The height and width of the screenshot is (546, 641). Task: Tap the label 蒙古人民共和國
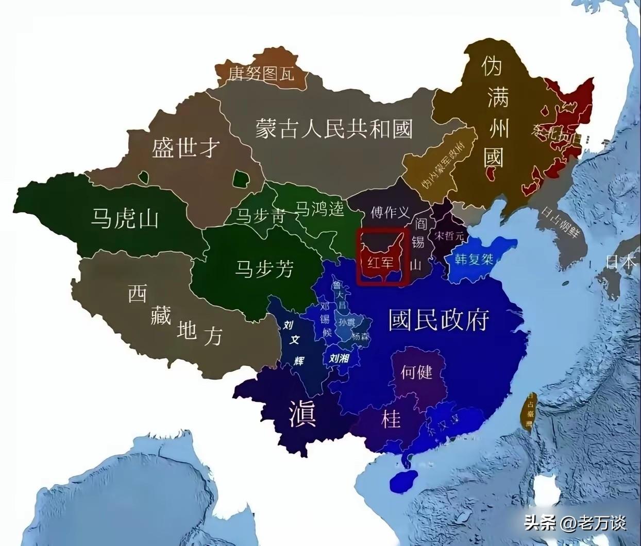click(x=334, y=128)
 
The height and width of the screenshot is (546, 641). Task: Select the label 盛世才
click(x=185, y=148)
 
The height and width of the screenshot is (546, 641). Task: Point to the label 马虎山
click(x=125, y=218)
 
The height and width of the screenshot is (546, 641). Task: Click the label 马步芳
click(x=264, y=268)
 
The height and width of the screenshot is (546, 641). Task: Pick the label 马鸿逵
click(x=319, y=209)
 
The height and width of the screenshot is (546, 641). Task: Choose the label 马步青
click(x=260, y=215)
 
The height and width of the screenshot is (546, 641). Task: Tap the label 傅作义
click(x=390, y=212)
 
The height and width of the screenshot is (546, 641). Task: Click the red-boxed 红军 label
click(x=380, y=262)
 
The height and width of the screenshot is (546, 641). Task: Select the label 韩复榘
click(x=474, y=258)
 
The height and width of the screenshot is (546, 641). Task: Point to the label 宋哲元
click(x=449, y=236)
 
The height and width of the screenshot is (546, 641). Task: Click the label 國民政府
click(x=438, y=320)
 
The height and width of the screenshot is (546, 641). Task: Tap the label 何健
click(x=416, y=371)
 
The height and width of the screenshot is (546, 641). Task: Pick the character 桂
click(x=391, y=419)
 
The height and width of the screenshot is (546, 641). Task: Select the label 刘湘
click(x=339, y=359)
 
